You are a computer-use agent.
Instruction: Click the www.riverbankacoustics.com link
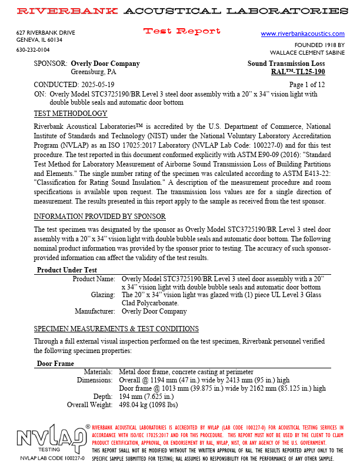tap(302, 34)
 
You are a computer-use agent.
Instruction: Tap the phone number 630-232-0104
tap(33, 50)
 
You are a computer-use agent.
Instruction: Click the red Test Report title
tap(182, 31)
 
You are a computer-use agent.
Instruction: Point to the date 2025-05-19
tap(100, 84)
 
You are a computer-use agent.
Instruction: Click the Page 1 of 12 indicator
tap(306, 84)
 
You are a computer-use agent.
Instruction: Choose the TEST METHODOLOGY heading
tap(71, 114)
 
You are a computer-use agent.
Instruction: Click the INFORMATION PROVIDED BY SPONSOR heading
tap(99, 217)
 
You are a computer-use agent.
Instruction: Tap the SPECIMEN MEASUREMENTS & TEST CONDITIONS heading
tap(116, 328)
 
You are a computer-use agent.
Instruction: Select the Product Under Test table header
tap(66, 270)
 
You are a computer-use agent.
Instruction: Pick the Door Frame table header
tap(55, 364)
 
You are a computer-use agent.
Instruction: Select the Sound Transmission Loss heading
tap(286, 64)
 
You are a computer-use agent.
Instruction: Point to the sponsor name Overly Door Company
tap(105, 64)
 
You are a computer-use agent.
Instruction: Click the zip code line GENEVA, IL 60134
tap(39, 40)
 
